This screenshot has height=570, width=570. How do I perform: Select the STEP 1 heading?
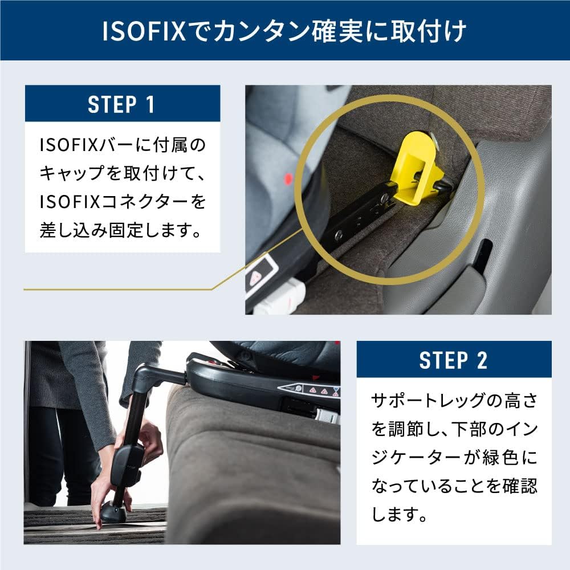[x=122, y=104]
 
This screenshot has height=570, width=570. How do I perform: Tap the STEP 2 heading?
[x=454, y=360]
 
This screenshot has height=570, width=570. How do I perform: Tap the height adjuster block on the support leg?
[x=128, y=462]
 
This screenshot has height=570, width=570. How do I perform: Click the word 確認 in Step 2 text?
[x=519, y=486]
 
